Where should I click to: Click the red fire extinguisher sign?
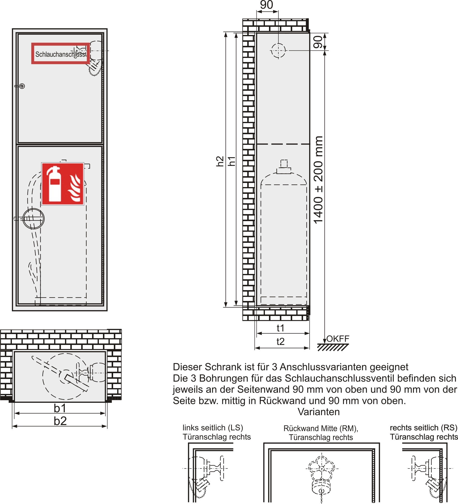63,184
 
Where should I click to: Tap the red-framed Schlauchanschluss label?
60,54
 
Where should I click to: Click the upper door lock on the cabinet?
22,86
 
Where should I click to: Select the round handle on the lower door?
34,219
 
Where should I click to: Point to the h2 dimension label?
220,161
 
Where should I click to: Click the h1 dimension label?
232,161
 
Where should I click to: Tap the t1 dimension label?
281,328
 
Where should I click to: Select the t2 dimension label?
281,342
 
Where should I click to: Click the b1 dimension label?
60,408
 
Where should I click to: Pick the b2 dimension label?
60,421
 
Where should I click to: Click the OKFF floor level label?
338,339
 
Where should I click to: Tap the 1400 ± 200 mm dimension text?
318,180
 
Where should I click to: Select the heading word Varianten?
319,412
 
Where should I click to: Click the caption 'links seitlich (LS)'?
213,428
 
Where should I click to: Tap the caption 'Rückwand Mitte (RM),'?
321,428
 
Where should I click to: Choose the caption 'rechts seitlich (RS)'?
424,428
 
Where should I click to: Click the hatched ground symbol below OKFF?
333,347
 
